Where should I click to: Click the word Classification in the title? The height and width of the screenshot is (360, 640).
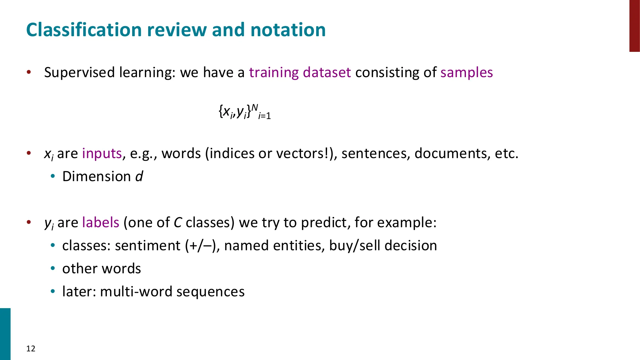click(x=84, y=30)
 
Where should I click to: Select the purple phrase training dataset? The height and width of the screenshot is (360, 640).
click(x=300, y=73)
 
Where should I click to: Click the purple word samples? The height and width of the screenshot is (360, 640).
click(x=467, y=73)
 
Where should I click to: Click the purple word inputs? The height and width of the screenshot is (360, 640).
click(x=102, y=154)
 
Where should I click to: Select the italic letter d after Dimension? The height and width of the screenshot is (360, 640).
click(x=139, y=176)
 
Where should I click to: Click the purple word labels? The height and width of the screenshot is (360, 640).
click(x=100, y=222)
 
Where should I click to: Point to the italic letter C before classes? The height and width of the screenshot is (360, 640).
click(x=178, y=222)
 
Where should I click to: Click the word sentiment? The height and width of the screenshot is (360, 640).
click(x=148, y=246)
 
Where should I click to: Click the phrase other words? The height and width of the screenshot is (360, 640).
click(x=101, y=269)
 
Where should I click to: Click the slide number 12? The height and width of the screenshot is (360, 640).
click(x=31, y=348)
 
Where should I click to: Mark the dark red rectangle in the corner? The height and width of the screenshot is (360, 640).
click(x=634, y=26)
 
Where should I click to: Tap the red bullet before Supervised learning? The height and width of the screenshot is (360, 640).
click(x=29, y=72)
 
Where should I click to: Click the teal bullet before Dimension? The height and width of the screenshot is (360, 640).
click(x=53, y=176)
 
